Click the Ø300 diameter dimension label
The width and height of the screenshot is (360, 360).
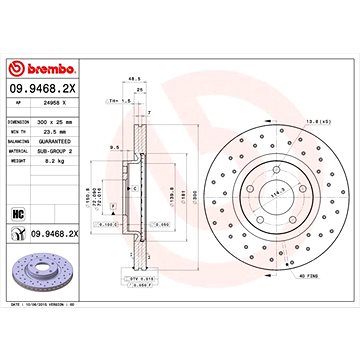click(195, 185)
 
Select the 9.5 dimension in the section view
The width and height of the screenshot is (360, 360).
click(118, 147)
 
